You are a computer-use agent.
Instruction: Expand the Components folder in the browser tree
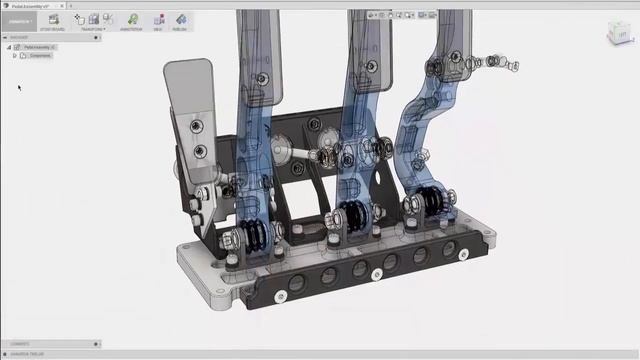coord(14,56)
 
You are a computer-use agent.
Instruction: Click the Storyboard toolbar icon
coord(53,20)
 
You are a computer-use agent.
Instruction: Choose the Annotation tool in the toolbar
coord(132,20)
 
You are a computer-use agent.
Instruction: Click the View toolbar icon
coord(157,20)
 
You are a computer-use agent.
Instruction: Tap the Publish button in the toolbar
coord(181,20)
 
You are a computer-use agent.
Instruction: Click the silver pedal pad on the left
coord(188,85)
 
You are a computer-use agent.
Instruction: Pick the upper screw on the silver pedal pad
coord(198,125)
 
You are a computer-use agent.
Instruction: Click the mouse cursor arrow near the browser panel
coord(19,87)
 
